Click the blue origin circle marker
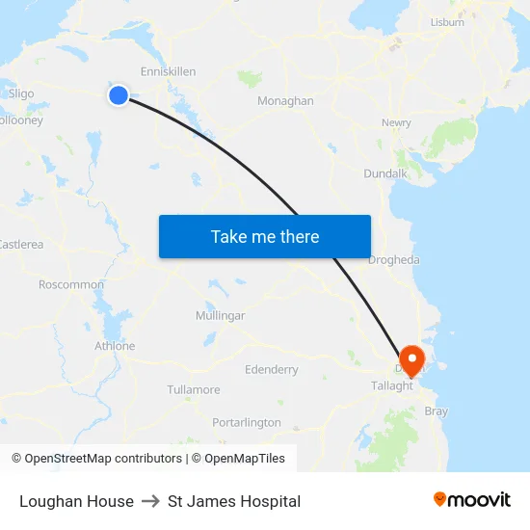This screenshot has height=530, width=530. pyautogui.click(x=119, y=94)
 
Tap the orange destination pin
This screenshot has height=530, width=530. pyautogui.click(x=411, y=360)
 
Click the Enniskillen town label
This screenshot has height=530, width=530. pyautogui.click(x=169, y=72)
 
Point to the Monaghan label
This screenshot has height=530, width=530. pyautogui.click(x=285, y=101)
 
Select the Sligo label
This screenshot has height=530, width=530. pyautogui.click(x=20, y=93)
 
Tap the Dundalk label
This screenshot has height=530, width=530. pyautogui.click(x=386, y=173)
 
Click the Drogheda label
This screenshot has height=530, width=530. pyautogui.click(x=393, y=260)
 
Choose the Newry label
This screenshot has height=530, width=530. pyautogui.click(x=395, y=123)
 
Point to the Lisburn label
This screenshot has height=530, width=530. pyautogui.click(x=447, y=21)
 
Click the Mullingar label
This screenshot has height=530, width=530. pyautogui.click(x=220, y=316)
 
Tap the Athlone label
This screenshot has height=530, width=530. pyautogui.click(x=115, y=346)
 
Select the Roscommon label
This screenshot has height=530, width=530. pyautogui.click(x=70, y=285)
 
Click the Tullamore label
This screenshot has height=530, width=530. pyautogui.click(x=194, y=390)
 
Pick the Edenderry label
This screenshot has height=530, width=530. pyautogui.click(x=272, y=369)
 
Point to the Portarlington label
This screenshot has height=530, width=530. pyautogui.click(x=247, y=423)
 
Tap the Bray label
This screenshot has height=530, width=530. pyautogui.click(x=437, y=411)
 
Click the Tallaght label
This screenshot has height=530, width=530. pyautogui.click(x=392, y=385)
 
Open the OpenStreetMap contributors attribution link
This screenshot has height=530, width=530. pyautogui.click(x=103, y=459)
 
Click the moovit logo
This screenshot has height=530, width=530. pyautogui.click(x=472, y=500)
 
